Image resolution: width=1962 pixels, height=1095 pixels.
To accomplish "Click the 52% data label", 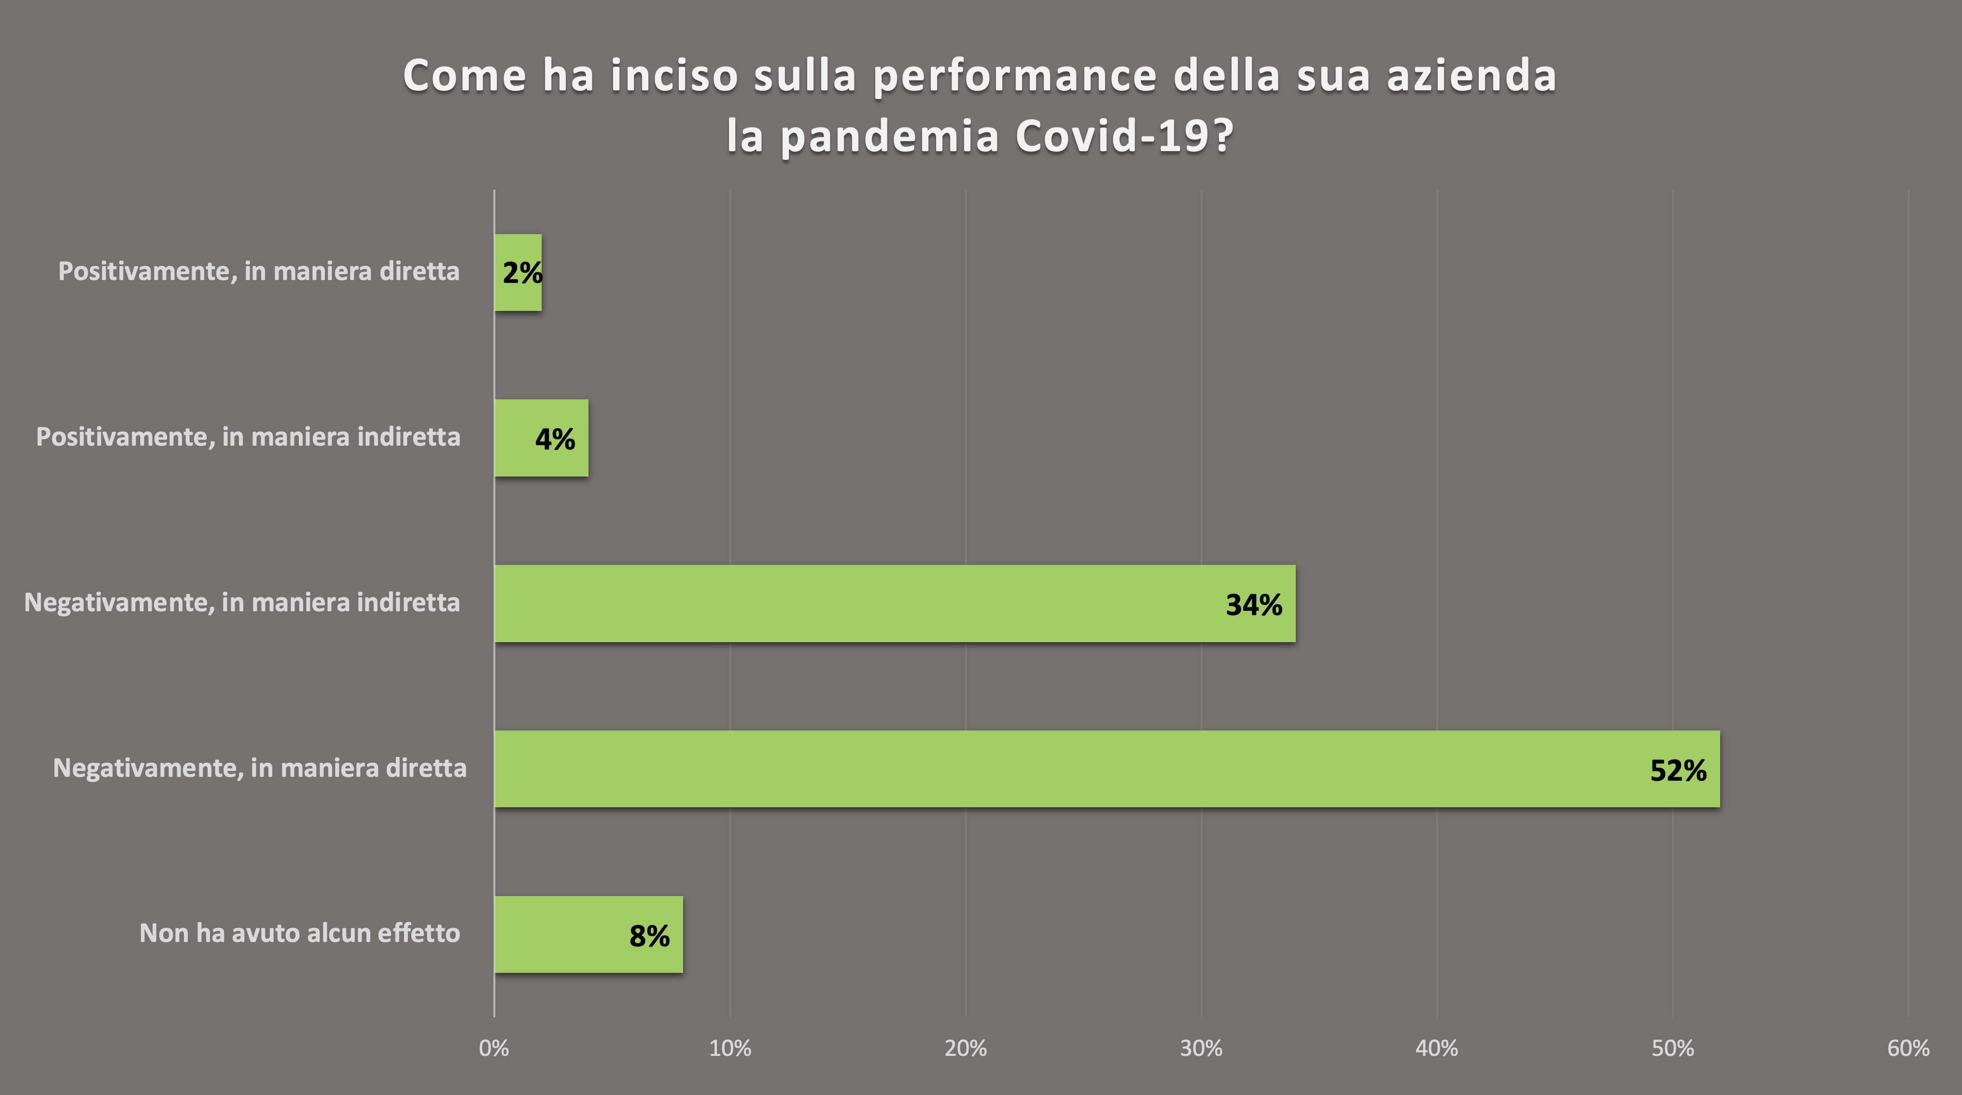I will pyautogui.click(x=1678, y=771).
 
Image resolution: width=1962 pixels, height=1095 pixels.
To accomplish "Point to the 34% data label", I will pyautogui.click(x=1254, y=604).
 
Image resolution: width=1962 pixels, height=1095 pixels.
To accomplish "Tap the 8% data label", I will pyautogui.click(x=649, y=936).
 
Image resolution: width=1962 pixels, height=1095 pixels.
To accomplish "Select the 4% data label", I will pyautogui.click(x=555, y=439).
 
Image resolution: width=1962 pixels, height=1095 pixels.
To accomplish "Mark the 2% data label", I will pyautogui.click(x=522, y=273).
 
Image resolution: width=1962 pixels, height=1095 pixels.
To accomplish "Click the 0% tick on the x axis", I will pyautogui.click(x=494, y=1049).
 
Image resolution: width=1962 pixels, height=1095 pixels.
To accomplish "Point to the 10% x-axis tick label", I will pyautogui.click(x=729, y=1049).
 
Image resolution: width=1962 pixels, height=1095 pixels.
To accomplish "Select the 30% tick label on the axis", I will pyautogui.click(x=1201, y=1049).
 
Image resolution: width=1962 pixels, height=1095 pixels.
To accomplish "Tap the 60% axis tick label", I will pyautogui.click(x=1908, y=1049).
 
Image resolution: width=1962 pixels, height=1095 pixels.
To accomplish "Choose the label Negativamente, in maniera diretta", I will pyautogui.click(x=260, y=768).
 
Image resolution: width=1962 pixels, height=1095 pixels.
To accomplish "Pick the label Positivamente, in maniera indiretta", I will pyautogui.click(x=248, y=436).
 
